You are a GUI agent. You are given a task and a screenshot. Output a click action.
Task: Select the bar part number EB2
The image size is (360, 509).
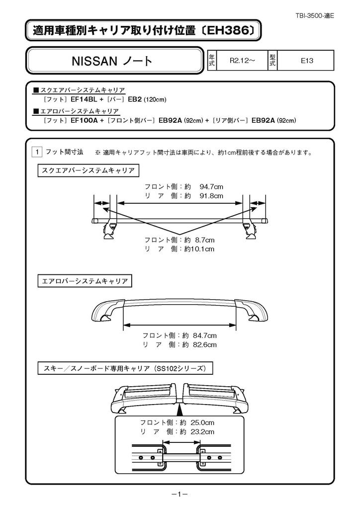[134, 99]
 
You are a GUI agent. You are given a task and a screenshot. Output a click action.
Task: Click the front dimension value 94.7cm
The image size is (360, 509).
[211, 187]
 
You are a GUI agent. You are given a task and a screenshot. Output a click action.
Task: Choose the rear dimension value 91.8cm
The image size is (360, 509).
[211, 196]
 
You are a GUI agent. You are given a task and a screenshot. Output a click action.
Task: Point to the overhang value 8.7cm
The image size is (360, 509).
[204, 240]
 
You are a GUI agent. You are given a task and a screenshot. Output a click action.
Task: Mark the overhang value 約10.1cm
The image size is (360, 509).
[199, 249]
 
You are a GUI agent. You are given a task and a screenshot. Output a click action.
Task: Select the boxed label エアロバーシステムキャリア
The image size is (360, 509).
[84, 281]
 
